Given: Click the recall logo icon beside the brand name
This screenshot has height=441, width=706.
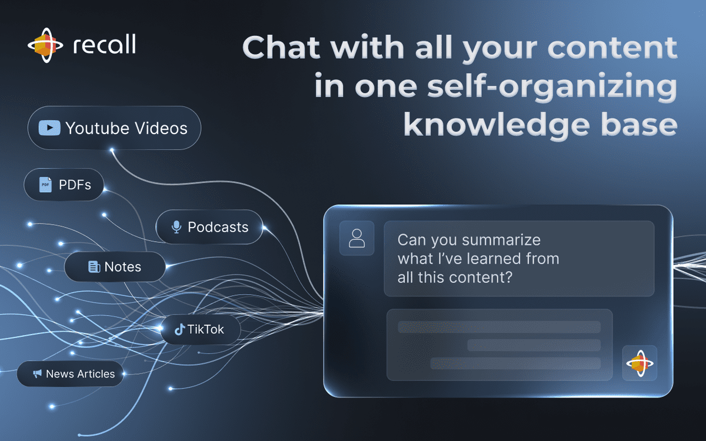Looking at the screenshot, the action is pyautogui.click(x=45, y=45).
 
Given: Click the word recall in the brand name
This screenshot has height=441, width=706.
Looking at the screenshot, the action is pyautogui.click(x=104, y=44).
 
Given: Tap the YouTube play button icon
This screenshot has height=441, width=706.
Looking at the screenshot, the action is pyautogui.click(x=49, y=128).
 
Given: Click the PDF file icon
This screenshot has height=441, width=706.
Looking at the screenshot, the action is pyautogui.click(x=45, y=185).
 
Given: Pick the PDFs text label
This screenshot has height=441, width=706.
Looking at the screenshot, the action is pyautogui.click(x=75, y=185).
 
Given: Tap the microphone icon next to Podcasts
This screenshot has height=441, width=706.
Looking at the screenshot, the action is pyautogui.click(x=176, y=227).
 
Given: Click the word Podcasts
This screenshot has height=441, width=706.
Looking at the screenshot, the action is pyautogui.click(x=218, y=227).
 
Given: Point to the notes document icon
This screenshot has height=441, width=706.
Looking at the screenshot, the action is pyautogui.click(x=94, y=267).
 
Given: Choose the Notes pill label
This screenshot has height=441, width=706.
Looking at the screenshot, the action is pyautogui.click(x=122, y=267).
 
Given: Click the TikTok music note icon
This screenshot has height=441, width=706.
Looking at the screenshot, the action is pyautogui.click(x=179, y=329).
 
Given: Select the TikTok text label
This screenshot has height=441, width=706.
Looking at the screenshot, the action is pyautogui.click(x=205, y=329).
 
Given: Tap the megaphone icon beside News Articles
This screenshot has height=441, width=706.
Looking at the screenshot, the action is pyautogui.click(x=37, y=373).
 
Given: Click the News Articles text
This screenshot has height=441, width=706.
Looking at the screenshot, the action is pyautogui.click(x=81, y=374).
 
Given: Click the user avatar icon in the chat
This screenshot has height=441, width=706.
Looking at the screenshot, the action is pyautogui.click(x=357, y=238).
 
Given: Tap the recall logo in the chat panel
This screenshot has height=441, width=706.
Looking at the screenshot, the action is pyautogui.click(x=640, y=363).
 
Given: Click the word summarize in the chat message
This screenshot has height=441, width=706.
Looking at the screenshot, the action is pyautogui.click(x=502, y=240).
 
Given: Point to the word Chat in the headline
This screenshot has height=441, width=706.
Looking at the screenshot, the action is pyautogui.click(x=281, y=47).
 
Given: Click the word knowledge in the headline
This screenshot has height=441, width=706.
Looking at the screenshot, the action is pyautogui.click(x=497, y=126).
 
